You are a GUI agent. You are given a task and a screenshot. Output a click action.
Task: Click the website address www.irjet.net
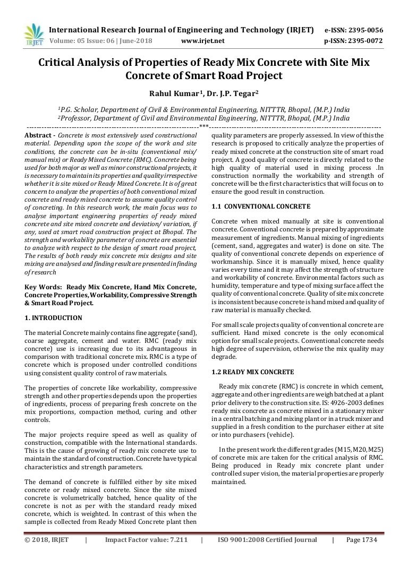tap(203, 40)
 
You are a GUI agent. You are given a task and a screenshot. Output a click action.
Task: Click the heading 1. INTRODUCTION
tap(54, 318)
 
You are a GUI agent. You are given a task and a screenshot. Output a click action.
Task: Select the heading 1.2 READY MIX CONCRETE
tap(249, 372)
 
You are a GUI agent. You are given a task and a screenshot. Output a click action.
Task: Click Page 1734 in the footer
tap(361, 540)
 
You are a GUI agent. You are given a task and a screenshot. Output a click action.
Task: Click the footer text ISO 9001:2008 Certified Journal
tap(267, 540)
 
